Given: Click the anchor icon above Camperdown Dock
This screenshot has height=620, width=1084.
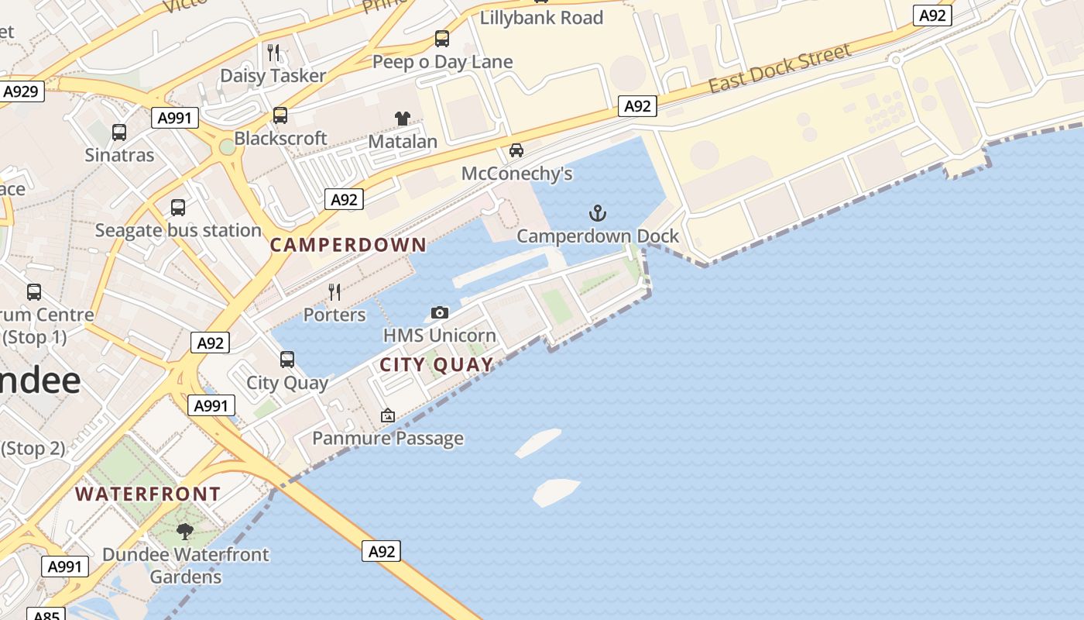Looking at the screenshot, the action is pyautogui.click(x=597, y=213).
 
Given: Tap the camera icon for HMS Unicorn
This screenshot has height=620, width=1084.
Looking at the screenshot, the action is pyautogui.click(x=440, y=313).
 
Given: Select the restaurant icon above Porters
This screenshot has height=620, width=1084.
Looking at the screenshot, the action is pyautogui.click(x=334, y=292).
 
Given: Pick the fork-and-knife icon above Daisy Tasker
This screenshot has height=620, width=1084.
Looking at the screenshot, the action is pyautogui.click(x=273, y=53).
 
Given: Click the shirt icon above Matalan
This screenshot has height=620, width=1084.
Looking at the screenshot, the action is pyautogui.click(x=403, y=119).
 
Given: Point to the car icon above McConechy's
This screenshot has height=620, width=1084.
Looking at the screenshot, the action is pyautogui.click(x=516, y=150).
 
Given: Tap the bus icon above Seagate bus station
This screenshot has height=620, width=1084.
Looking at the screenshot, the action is pyautogui.click(x=178, y=208).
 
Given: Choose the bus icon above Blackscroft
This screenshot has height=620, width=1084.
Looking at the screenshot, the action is pyautogui.click(x=280, y=115).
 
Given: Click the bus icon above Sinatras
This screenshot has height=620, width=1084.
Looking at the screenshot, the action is pyautogui.click(x=119, y=133).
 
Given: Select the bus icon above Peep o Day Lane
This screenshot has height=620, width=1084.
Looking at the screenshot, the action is pyautogui.click(x=442, y=39).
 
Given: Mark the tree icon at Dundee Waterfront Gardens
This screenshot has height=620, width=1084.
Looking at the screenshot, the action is pyautogui.click(x=185, y=532).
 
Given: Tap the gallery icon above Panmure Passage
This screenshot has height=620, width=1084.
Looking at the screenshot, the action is pyautogui.click(x=388, y=416).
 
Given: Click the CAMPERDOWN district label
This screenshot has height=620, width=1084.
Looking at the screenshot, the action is pyautogui.click(x=348, y=245).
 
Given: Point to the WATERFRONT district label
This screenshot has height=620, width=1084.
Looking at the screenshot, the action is pyautogui.click(x=148, y=494).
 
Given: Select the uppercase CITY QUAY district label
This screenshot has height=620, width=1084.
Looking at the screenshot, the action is pyautogui.click(x=437, y=365).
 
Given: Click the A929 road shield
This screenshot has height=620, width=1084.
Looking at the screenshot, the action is pyautogui.click(x=21, y=91).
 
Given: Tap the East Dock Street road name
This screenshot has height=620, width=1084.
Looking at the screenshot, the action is pyautogui.click(x=780, y=68).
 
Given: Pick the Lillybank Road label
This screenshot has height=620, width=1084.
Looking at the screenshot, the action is pyautogui.click(x=541, y=18).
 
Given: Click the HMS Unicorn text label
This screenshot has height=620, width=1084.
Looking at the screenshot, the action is pyautogui.click(x=440, y=336).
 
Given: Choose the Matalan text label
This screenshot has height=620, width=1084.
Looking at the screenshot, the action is pyautogui.click(x=403, y=141).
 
